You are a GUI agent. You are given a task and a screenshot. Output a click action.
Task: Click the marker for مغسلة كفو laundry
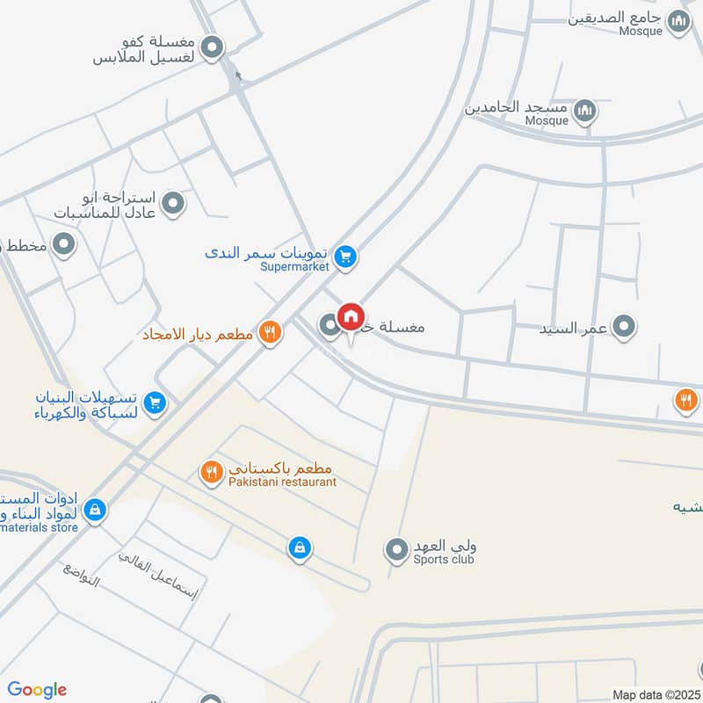tap(213, 48)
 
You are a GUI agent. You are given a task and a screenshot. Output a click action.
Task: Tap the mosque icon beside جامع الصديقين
tap(678, 22)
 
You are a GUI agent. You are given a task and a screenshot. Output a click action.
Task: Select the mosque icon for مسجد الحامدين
tap(585, 111)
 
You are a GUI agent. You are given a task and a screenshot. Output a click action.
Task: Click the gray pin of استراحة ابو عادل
tap(174, 204)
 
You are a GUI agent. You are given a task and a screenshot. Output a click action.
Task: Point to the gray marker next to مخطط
tap(63, 245)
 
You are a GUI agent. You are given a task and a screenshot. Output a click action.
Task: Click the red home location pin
tap(351, 318)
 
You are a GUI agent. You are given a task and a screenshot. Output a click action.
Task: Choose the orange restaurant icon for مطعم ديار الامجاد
tap(271, 333)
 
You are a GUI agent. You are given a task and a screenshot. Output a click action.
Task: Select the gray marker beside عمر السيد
tap(624, 328)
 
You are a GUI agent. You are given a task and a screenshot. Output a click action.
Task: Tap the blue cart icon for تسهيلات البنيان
tap(155, 402)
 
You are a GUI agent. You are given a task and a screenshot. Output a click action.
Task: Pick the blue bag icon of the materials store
tap(95, 509)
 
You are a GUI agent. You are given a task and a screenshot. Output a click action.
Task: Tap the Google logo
tap(37, 690)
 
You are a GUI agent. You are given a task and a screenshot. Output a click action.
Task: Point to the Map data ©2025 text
tap(656, 695)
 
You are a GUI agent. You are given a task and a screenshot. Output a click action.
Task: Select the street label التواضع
tap(82, 573)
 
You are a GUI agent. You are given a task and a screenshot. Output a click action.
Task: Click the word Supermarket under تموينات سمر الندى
tap(294, 266)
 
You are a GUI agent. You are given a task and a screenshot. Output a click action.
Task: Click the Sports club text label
tap(445, 559)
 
